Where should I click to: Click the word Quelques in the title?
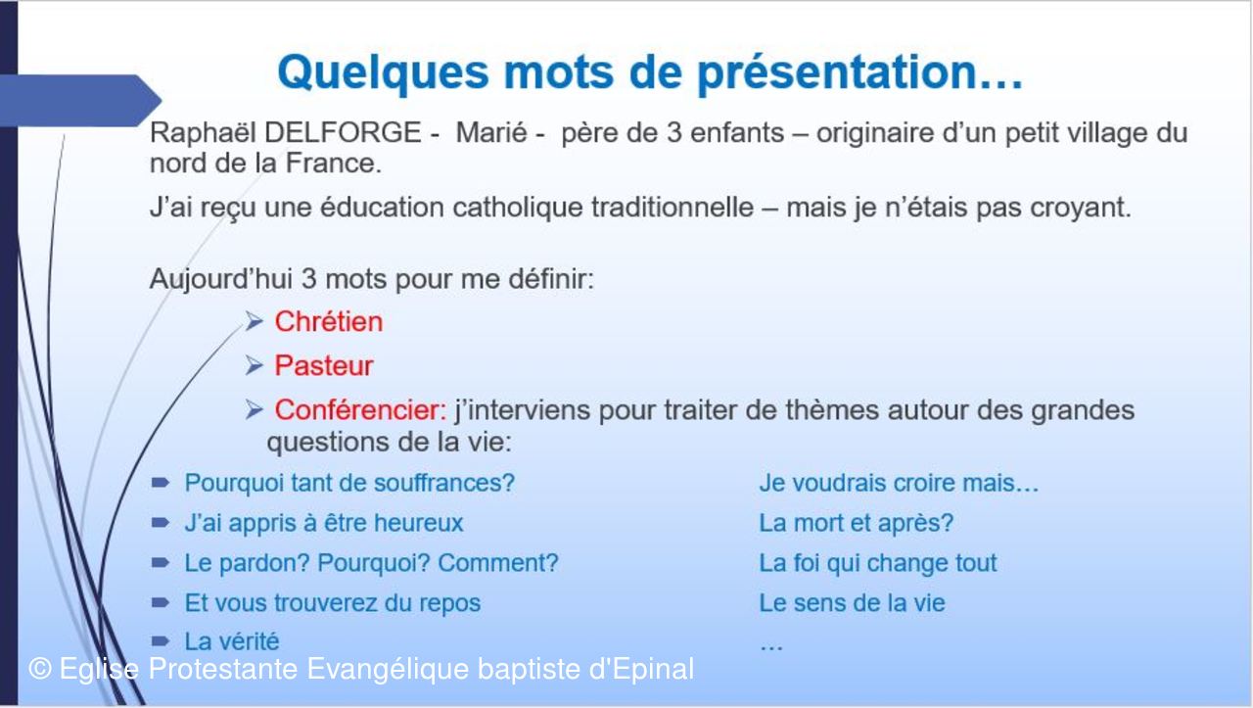pyautogui.click(x=383, y=73)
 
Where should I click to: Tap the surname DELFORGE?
pyautogui.click(x=343, y=133)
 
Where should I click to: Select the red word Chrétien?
pyautogui.click(x=328, y=322)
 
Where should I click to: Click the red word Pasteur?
pyautogui.click(x=323, y=366)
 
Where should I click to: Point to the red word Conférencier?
pyautogui.click(x=360, y=409)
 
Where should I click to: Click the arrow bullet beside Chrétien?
pyautogui.click(x=254, y=322)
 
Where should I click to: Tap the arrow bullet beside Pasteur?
pyautogui.click(x=254, y=366)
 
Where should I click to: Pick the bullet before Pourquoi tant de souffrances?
pyautogui.click(x=161, y=483)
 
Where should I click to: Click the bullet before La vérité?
pyautogui.click(x=161, y=640)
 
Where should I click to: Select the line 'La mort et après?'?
pyautogui.click(x=856, y=523)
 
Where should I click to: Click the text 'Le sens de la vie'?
pyautogui.click(x=852, y=603)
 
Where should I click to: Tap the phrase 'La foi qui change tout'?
pyautogui.click(x=878, y=563)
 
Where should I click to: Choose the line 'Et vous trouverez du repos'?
pyautogui.click(x=332, y=603)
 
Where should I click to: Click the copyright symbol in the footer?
pyautogui.click(x=40, y=669)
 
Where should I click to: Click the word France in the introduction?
pyautogui.click(x=334, y=164)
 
